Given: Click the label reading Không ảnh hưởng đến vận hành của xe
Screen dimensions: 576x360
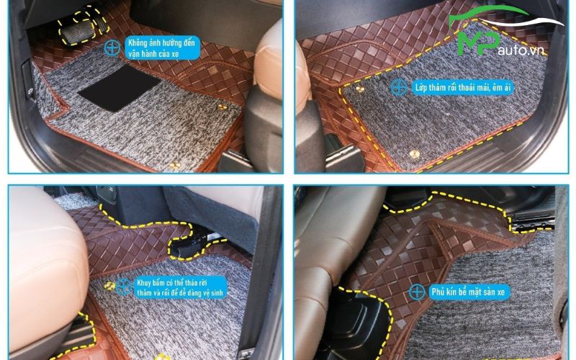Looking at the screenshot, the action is coord(163,48).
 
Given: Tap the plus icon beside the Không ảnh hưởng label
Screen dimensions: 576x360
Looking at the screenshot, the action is coord(112,48).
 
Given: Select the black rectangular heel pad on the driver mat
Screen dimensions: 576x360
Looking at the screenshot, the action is coord(120,88).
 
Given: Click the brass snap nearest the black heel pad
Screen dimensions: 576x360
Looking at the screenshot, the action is coord(222,107).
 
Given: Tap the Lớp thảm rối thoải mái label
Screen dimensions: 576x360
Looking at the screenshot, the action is coord(463,87).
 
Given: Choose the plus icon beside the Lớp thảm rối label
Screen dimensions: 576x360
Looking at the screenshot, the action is coord(399,87).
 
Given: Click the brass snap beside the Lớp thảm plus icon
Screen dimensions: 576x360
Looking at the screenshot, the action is coord(360,89).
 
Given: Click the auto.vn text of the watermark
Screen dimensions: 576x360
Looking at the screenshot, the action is coord(521,50).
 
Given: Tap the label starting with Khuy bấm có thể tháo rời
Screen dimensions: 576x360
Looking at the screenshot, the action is coord(181,287).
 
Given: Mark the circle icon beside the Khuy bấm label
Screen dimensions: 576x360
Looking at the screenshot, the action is coord(125,287).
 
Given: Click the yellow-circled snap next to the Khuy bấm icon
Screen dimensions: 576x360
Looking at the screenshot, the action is coord(109,286).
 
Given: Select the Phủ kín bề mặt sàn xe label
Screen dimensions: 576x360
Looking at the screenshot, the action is coord(469,292).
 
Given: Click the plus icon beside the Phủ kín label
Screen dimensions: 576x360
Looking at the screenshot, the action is coord(418,292).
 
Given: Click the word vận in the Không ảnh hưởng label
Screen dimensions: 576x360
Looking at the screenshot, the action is coord(135,53).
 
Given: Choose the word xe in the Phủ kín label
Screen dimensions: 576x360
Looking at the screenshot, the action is coord(501,292).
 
